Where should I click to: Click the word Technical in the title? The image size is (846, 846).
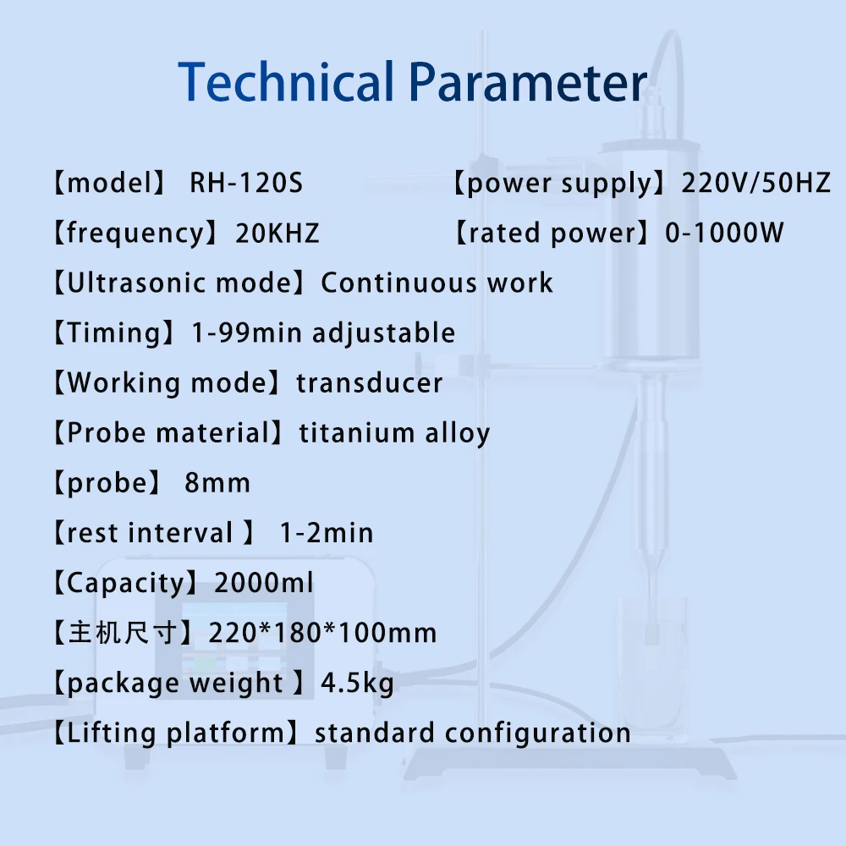(286, 83)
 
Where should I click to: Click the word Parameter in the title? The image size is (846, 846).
(528, 83)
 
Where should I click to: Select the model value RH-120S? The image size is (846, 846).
(245, 183)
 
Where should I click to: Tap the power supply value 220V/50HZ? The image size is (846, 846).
(756, 183)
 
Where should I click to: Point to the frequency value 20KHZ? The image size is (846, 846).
(277, 233)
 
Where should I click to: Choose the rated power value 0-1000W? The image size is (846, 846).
(725, 233)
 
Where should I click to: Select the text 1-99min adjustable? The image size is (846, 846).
(323, 332)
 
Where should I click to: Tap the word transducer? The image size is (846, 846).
(370, 382)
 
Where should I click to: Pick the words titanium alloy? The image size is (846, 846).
(395, 433)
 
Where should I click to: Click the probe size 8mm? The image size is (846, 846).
(217, 483)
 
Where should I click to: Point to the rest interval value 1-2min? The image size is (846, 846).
(327, 533)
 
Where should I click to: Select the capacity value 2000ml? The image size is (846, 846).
(264, 583)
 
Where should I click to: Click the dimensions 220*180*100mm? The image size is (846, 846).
(326, 633)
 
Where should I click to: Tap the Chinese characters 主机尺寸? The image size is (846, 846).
(122, 633)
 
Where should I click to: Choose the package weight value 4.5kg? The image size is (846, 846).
(358, 683)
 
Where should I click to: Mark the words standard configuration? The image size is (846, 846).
(473, 733)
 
